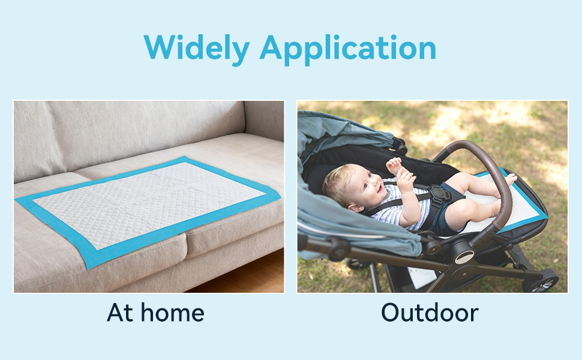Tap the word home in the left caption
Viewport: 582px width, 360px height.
click(173, 313)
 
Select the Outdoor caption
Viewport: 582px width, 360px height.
click(430, 313)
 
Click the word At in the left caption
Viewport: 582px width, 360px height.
click(120, 313)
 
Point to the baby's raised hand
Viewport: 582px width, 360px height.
click(394, 165)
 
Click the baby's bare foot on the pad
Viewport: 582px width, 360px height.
click(510, 179)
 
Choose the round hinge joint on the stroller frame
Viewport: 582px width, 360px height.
click(464, 257)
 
